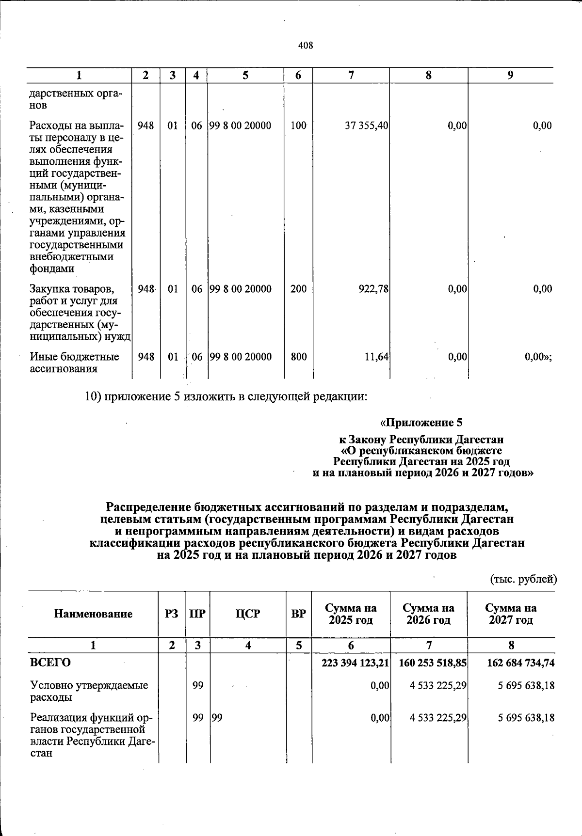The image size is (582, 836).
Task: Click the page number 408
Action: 306,46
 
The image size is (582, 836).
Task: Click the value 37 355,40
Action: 366,126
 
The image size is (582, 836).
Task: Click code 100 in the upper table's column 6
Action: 298,126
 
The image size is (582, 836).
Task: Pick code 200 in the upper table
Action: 298,289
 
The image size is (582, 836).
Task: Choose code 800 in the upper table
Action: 298,357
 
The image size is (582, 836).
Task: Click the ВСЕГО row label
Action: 50,662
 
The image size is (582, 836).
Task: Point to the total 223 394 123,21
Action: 355,662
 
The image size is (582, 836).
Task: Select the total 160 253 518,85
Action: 432,662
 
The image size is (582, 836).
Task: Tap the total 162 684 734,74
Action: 520,662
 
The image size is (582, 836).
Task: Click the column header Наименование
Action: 93,614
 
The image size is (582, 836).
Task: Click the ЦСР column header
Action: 248,614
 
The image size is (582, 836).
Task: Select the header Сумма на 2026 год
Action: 428,614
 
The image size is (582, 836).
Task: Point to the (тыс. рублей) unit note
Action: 524,579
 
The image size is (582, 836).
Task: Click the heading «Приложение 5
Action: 421,423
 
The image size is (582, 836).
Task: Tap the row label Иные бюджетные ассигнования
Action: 75,363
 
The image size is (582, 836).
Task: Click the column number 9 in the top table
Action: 510,75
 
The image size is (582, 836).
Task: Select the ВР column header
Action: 298,614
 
